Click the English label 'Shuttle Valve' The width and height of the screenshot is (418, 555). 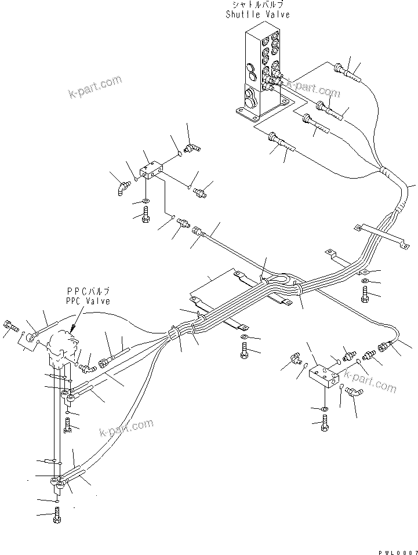257,14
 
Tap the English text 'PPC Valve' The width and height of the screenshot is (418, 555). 87,301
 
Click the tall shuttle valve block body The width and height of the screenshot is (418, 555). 261,70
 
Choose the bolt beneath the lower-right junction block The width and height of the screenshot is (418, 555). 325,425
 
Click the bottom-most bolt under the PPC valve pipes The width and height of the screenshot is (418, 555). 56,514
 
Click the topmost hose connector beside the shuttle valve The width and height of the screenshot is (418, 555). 343,70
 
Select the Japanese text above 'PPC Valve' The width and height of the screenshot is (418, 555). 88,291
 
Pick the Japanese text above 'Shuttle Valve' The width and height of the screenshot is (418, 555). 257,5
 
